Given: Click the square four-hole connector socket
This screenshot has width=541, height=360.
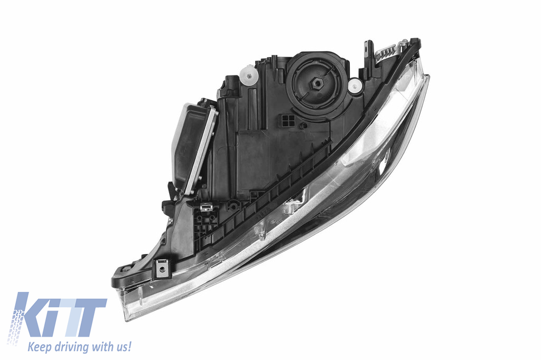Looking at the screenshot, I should coord(288,120).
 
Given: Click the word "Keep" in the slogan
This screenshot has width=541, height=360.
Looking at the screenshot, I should coord(40,347).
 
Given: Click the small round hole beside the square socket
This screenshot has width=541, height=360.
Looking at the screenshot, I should coord(303,126).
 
